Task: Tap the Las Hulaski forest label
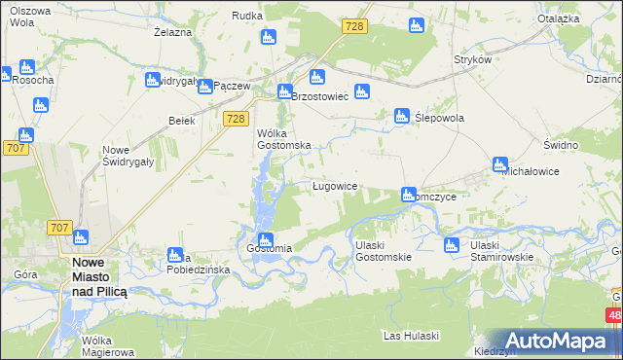(411, 336)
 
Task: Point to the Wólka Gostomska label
(283, 138)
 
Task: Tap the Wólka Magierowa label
(108, 346)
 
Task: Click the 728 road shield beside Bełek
(234, 118)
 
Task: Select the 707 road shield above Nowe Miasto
(58, 228)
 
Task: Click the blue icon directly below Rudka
(269, 38)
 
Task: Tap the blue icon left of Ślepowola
(401, 117)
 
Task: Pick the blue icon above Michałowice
(500, 164)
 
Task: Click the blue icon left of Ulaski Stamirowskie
(451, 245)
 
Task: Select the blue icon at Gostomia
(262, 240)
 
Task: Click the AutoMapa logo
(558, 341)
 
